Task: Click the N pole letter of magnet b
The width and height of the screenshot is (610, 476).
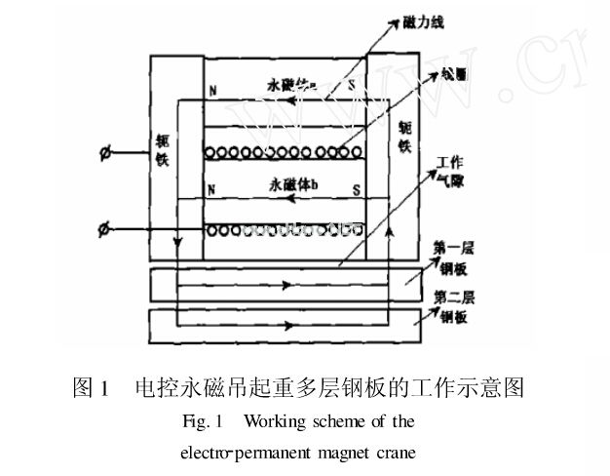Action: [x=211, y=189]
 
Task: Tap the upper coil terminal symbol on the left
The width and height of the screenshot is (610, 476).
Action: [x=106, y=152]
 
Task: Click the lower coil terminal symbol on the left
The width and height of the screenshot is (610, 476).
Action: [x=105, y=229]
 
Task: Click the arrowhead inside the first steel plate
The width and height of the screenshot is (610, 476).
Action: [x=286, y=287]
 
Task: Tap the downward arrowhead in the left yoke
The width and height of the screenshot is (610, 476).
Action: [x=176, y=244]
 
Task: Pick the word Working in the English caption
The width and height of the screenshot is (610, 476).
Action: [x=278, y=422]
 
